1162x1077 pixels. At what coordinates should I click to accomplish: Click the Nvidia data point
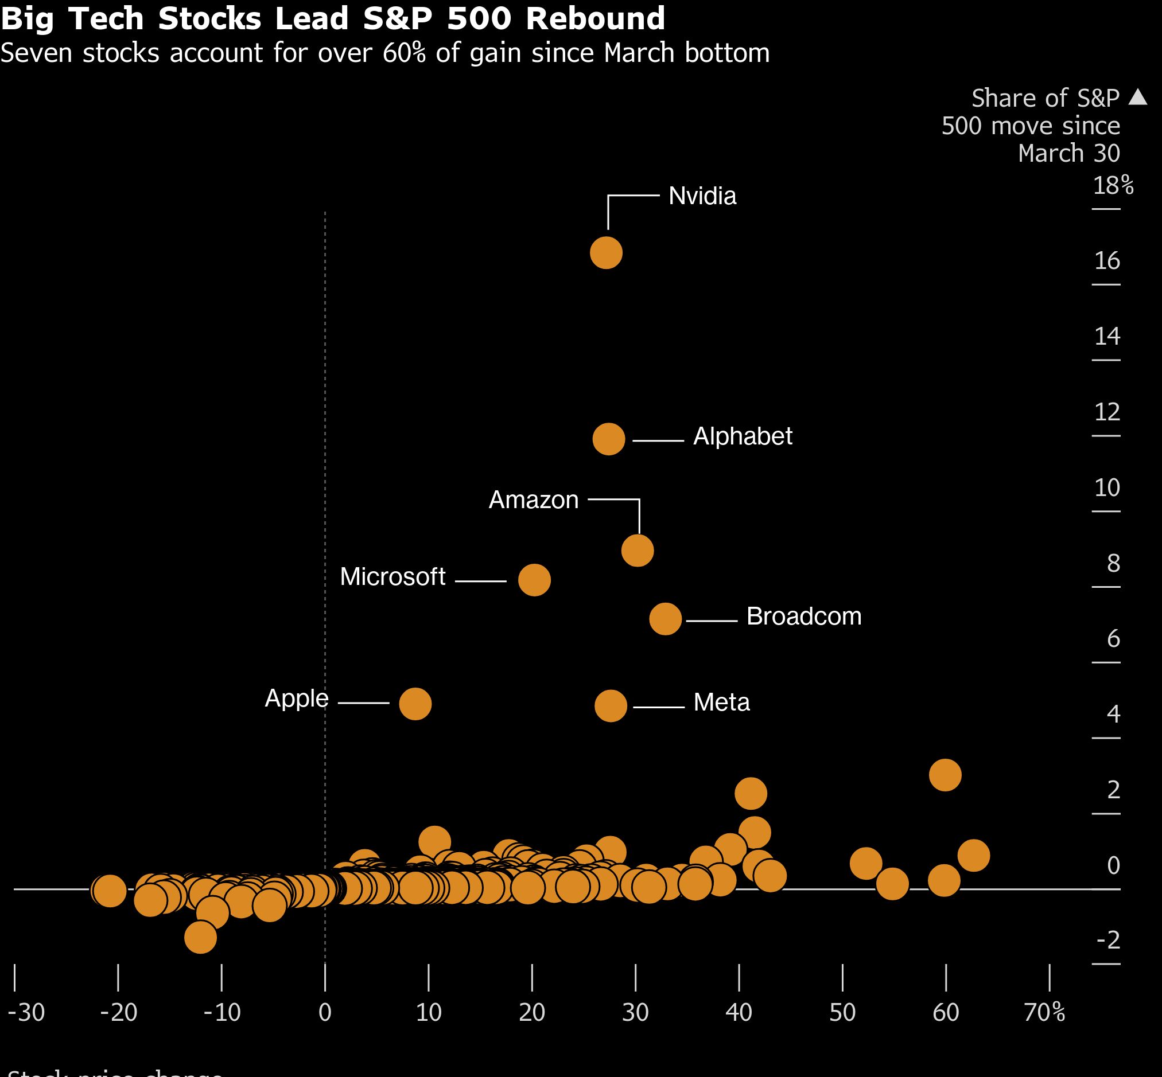click(x=606, y=253)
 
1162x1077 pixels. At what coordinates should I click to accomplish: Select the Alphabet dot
click(x=609, y=439)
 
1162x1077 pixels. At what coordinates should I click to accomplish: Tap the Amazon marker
click(x=638, y=551)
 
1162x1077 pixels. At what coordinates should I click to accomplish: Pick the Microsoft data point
click(x=534, y=580)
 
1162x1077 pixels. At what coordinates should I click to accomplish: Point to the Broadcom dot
click(x=665, y=619)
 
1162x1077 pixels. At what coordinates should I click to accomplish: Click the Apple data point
click(x=415, y=704)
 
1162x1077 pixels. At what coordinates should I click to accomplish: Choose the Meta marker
click(x=611, y=706)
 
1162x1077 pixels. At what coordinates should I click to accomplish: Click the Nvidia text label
click(x=702, y=196)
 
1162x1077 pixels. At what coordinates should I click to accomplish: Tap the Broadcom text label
click(x=803, y=616)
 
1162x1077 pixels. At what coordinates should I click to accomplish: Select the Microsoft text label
click(x=392, y=577)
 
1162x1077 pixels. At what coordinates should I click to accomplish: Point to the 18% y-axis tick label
click(x=1113, y=185)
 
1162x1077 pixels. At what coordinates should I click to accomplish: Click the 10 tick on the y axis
click(x=1106, y=487)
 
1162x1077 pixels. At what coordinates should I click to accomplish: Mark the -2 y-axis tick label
click(x=1109, y=939)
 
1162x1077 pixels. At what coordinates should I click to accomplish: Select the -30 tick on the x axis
click(x=26, y=1012)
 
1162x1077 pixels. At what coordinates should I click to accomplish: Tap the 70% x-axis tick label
click(x=1044, y=1012)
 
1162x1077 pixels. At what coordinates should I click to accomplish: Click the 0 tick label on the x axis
click(x=325, y=1012)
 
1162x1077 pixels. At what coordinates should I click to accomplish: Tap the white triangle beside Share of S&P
click(x=1137, y=97)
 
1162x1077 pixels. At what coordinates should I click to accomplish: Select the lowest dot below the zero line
click(x=201, y=937)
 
